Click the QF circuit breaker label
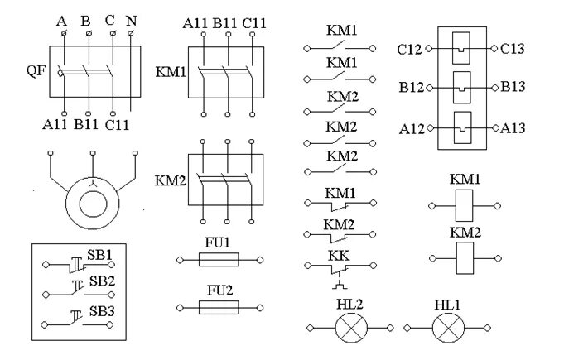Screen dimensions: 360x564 click(35, 71)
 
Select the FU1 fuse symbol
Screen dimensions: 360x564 click(219, 260)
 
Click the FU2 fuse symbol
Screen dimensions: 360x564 click(219, 306)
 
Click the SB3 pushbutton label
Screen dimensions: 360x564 click(100, 311)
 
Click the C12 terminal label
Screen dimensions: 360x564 click(409, 50)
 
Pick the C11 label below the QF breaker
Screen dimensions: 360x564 click(117, 125)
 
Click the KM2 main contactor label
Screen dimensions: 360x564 click(171, 179)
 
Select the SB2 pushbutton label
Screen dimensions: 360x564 click(100, 281)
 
